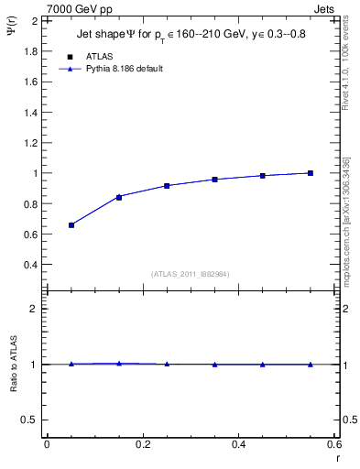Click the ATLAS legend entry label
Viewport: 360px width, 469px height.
tap(99, 57)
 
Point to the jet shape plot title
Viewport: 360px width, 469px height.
tap(192, 36)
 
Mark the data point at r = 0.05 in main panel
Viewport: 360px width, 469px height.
tap(71, 224)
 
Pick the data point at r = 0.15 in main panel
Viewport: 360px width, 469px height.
tap(119, 197)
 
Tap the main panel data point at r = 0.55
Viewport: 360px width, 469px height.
tap(311, 173)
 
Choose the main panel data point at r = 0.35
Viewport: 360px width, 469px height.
tap(214, 180)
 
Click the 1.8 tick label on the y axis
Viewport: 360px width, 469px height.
tap(29, 50)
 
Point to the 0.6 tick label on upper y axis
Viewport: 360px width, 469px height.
tap(29, 234)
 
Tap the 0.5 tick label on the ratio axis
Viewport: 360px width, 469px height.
tap(29, 420)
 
